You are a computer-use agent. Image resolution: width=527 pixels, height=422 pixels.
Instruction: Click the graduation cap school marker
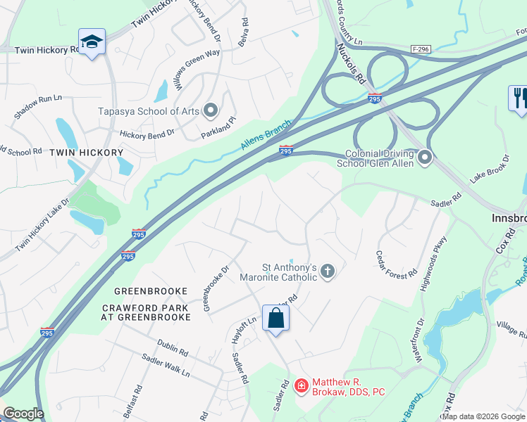point(92,43)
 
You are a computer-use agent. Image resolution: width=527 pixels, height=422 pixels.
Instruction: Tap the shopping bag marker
point(275,318)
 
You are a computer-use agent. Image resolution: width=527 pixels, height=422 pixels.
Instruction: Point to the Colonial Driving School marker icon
point(425,158)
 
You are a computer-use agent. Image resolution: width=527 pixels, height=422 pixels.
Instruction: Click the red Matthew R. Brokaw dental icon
point(302,385)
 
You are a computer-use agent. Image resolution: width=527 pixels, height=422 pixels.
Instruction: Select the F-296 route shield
point(421,49)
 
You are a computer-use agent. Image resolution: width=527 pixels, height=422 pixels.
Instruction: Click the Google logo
point(23,414)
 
